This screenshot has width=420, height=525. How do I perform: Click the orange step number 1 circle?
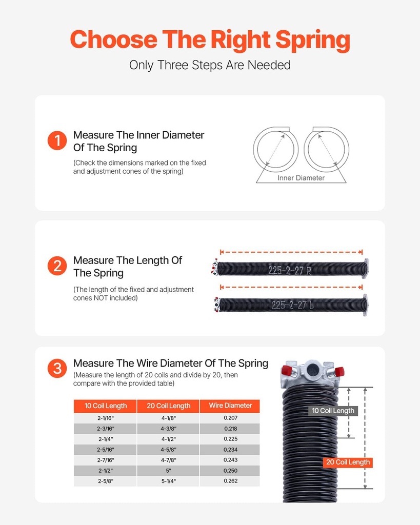click(x=57, y=141)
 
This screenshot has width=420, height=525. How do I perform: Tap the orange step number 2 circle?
click(x=57, y=266)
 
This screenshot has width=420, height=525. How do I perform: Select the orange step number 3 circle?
click(x=57, y=368)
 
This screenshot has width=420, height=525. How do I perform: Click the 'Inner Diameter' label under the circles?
click(x=301, y=178)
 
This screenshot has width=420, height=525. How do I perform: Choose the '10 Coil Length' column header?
click(x=105, y=406)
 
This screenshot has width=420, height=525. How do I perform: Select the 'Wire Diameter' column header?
click(x=230, y=406)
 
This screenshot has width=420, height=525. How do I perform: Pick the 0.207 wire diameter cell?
click(x=230, y=418)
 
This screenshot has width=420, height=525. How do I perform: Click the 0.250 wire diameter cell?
click(x=230, y=471)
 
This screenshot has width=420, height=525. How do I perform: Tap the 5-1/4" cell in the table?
click(x=168, y=481)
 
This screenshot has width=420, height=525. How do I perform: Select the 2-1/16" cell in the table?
click(x=105, y=418)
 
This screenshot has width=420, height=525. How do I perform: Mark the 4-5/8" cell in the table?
click(x=168, y=450)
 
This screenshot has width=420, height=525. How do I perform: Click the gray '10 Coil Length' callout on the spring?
click(x=333, y=411)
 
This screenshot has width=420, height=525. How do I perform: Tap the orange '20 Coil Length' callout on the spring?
click(x=347, y=462)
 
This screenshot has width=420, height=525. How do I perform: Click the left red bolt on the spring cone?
click(x=287, y=370)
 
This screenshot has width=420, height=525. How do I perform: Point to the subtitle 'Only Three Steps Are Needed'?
click(x=210, y=65)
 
